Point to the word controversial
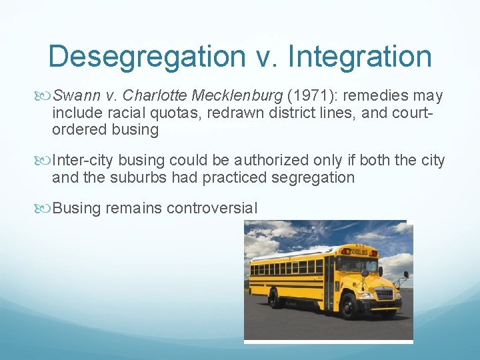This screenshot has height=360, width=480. click(x=211, y=208)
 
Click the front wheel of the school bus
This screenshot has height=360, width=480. click(x=348, y=306)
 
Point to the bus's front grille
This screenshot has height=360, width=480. click(x=384, y=294)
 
